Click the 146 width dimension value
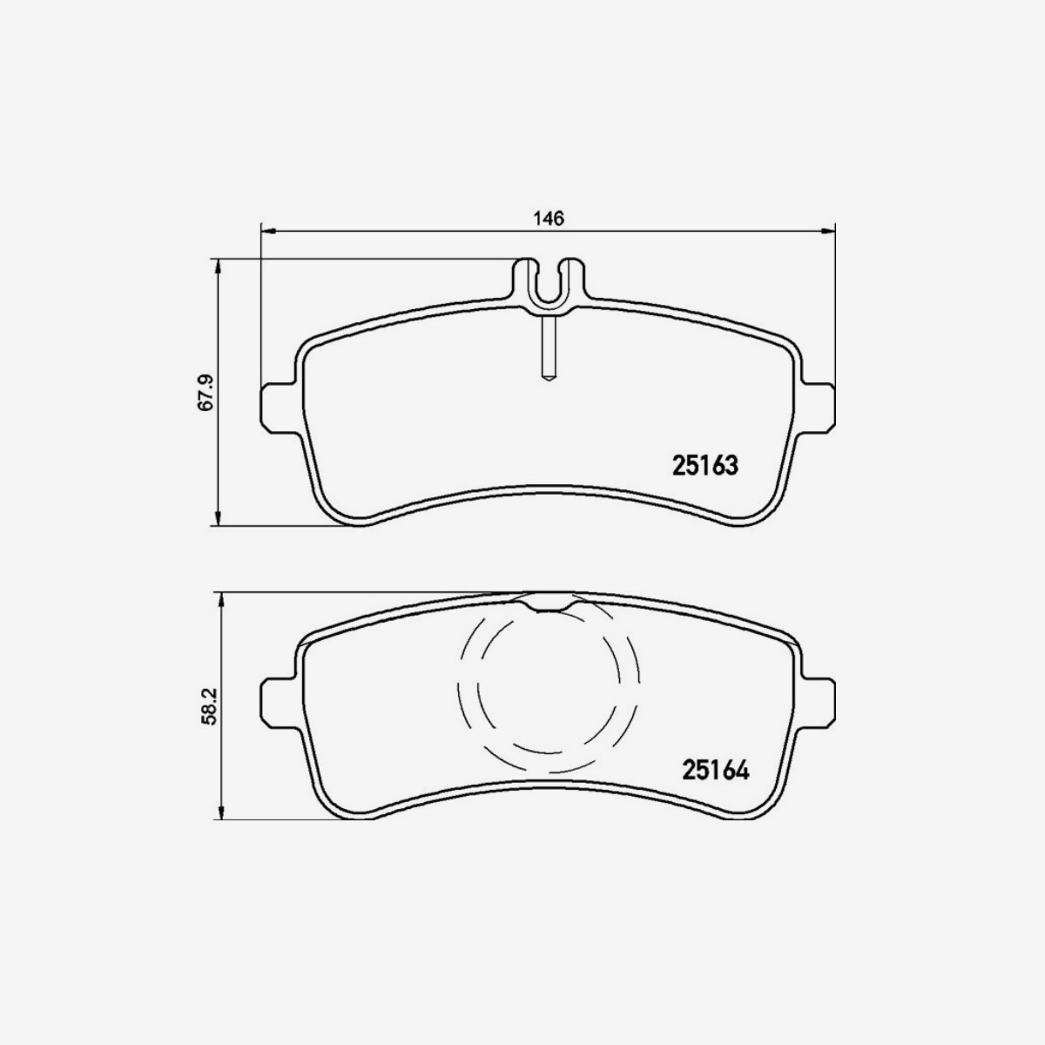click(x=549, y=218)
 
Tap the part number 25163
click(x=705, y=466)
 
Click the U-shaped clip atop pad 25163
click(x=549, y=283)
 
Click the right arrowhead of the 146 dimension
click(x=828, y=231)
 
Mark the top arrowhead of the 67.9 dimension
click(x=218, y=265)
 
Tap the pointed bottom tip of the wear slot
click(x=549, y=379)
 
